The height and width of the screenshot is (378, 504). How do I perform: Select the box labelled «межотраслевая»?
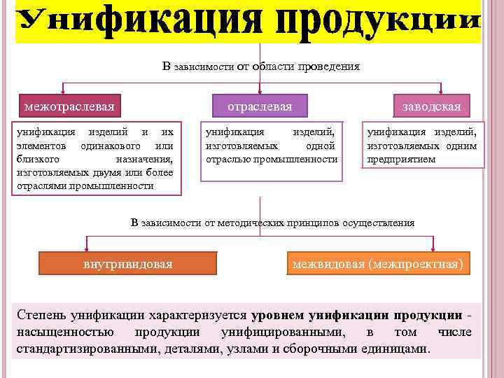click(x=69, y=106)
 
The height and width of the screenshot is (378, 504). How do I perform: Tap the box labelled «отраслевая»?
click(x=260, y=106)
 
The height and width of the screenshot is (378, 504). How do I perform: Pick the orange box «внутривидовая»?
click(x=128, y=265)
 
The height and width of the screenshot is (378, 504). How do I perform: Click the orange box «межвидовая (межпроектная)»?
click(x=378, y=265)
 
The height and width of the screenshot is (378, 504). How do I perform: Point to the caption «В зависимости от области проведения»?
click(x=261, y=66)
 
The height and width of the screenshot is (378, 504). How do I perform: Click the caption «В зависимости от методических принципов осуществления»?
click(x=273, y=223)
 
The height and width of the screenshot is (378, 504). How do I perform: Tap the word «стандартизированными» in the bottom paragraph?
click(x=78, y=349)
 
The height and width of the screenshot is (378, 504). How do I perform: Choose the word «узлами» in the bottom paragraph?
click(x=243, y=349)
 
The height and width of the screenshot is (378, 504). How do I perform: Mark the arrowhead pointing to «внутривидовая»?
click(x=86, y=248)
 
